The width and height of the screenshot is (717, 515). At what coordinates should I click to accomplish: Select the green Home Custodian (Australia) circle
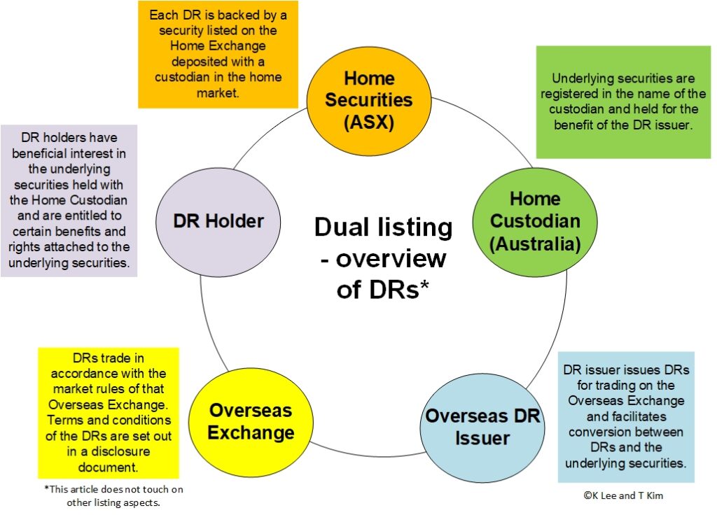pyautogui.click(x=535, y=222)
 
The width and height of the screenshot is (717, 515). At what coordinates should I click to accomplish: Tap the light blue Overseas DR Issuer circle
pyautogui.click(x=483, y=428)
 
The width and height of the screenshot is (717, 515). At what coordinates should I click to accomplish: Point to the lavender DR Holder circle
pyautogui.click(x=218, y=222)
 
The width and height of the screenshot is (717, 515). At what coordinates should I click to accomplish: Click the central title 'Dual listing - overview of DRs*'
pyautogui.click(x=383, y=257)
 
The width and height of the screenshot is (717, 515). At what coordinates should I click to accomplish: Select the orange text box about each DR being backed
pyautogui.click(x=218, y=54)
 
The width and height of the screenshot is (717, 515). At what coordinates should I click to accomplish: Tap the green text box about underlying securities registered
pyautogui.click(x=623, y=102)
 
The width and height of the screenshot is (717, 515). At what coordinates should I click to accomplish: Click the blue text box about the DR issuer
pyautogui.click(x=626, y=416)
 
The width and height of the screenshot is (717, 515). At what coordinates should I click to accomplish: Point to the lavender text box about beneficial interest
pyautogui.click(x=69, y=200)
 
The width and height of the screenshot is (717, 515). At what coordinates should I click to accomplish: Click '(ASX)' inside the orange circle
pyautogui.click(x=369, y=122)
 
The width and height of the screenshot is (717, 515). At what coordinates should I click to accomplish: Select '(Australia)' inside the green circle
pyautogui.click(x=535, y=244)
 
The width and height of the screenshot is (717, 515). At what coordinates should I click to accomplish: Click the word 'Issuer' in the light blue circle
pyautogui.click(x=483, y=439)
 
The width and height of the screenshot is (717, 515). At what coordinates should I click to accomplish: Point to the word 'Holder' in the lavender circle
pyautogui.click(x=240, y=222)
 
